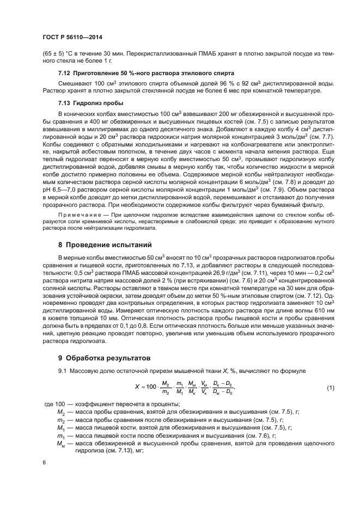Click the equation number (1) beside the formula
point(330,388)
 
